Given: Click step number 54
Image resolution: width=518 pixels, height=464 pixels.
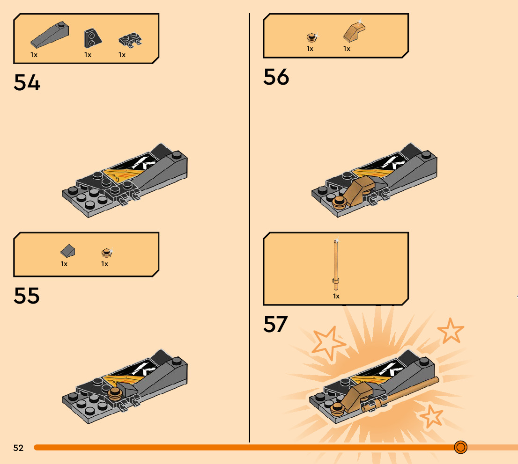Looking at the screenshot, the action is pos(27,82).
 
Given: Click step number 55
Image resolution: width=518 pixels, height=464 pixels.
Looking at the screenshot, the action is pos(27,296).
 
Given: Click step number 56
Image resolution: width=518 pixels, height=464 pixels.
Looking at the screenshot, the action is pos(276,77).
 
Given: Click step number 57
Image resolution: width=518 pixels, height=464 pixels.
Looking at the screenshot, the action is pos(275,324).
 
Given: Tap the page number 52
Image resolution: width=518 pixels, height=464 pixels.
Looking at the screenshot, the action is pos(18,448).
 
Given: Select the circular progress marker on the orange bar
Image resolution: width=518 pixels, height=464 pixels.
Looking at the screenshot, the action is pos(460,448).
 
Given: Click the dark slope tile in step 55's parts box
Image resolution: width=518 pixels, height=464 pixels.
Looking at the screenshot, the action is pos(67,252).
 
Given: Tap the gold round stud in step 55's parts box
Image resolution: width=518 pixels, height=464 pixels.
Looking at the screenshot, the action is pos(107,253).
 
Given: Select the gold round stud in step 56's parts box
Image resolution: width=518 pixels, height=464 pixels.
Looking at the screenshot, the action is pos(311,37).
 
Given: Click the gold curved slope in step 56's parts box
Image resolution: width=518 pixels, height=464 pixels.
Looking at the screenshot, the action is pos(354,32).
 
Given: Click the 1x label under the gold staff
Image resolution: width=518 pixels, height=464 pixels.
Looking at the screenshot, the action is pos(336,296).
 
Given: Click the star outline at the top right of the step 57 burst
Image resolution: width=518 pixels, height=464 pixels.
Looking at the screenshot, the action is pos(451,331).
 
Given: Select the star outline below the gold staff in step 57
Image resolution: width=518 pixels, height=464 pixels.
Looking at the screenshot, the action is pos(430,416).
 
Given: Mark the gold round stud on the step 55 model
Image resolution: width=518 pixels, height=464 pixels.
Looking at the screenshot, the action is pos(113,395).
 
